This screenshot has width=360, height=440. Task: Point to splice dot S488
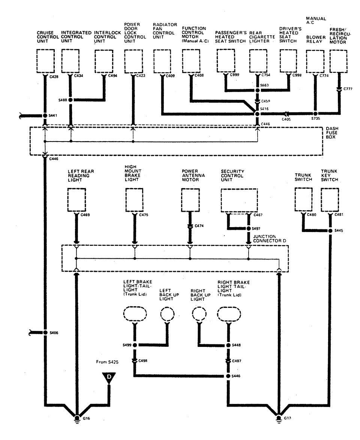pyautogui.click(x=70, y=100)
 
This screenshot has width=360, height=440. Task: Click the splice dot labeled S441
pyautogui.click(x=45, y=116)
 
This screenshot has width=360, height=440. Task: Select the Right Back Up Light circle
pyautogui.click(x=199, y=314)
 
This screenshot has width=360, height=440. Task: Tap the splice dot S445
pyautogui.click(x=330, y=231)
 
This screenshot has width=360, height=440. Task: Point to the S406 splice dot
pyautogui.click(x=45, y=333)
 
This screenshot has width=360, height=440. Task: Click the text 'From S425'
pyautogui.click(x=108, y=363)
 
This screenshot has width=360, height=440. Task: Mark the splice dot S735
pyautogui.click(x=315, y=113)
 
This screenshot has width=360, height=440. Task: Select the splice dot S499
pyautogui.click(x=135, y=345)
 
